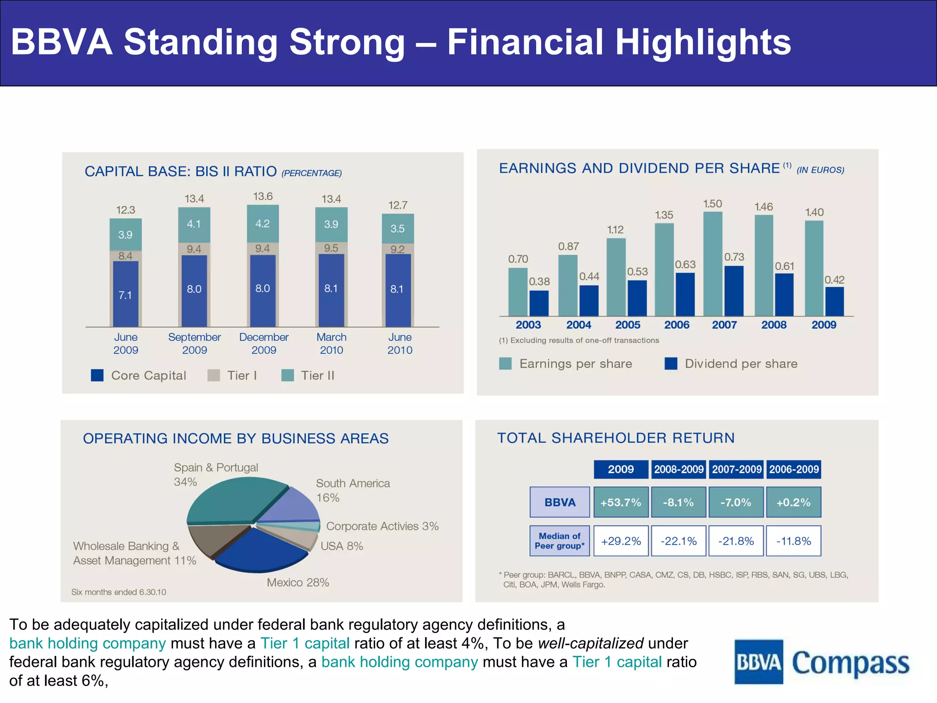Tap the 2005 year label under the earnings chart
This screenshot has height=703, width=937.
628,325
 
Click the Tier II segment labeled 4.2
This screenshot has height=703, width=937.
263,224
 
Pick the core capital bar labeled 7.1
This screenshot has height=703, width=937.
125,294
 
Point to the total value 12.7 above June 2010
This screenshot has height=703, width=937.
398,205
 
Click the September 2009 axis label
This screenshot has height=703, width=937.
194,343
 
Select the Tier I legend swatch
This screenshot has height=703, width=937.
214,375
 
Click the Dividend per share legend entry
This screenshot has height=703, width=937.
731,364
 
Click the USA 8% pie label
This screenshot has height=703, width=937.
341,546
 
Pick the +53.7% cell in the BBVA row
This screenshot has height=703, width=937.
621,502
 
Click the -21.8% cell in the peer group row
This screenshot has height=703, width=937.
736,541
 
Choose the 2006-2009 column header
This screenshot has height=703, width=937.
793,469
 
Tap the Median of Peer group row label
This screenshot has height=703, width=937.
560,541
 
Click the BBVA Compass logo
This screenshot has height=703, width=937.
822,662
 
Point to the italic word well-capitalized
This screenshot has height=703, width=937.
591,643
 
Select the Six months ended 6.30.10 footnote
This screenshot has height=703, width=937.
119,592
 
